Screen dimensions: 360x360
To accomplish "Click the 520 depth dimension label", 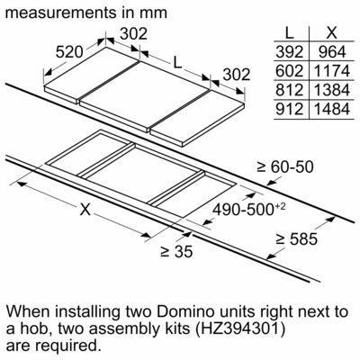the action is pos(69,52).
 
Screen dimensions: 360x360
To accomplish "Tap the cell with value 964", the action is pos(332,52).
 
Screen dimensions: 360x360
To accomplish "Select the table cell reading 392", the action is pos(290,52).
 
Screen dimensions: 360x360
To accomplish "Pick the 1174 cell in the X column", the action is pos(332,71).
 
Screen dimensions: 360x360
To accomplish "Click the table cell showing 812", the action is pos(290,90).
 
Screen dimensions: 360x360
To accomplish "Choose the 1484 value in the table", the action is pos(332,109).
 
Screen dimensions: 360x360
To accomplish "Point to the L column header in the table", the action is pos(289,32).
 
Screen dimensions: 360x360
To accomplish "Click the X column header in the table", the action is pos(332,32).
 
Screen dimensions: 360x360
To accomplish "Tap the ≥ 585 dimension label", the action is pos(296,239).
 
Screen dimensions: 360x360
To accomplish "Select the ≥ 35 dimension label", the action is pos(176,251).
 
